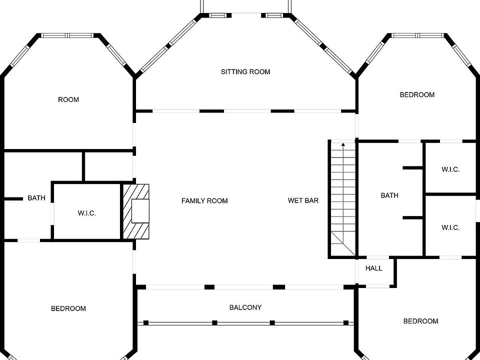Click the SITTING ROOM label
click(x=245, y=72)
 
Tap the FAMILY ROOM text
click(x=204, y=201)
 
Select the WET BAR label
click(x=303, y=200)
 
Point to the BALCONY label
click(x=245, y=307)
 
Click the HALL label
click(x=374, y=268)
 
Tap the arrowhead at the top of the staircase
click(x=343, y=145)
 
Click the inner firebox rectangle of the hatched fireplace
click(x=140, y=210)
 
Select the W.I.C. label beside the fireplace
click(x=87, y=213)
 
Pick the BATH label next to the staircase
click(x=389, y=195)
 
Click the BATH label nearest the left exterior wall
click(x=36, y=198)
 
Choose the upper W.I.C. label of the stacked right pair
click(x=450, y=169)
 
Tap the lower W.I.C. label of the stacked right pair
click(x=450, y=227)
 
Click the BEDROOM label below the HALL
click(x=420, y=321)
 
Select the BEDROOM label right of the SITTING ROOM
click(x=417, y=94)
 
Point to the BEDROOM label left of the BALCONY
click(x=68, y=308)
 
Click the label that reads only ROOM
click(x=68, y=99)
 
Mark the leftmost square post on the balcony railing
click(x=146, y=322)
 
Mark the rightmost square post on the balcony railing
click(x=346, y=322)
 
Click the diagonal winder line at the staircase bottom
click(x=343, y=243)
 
